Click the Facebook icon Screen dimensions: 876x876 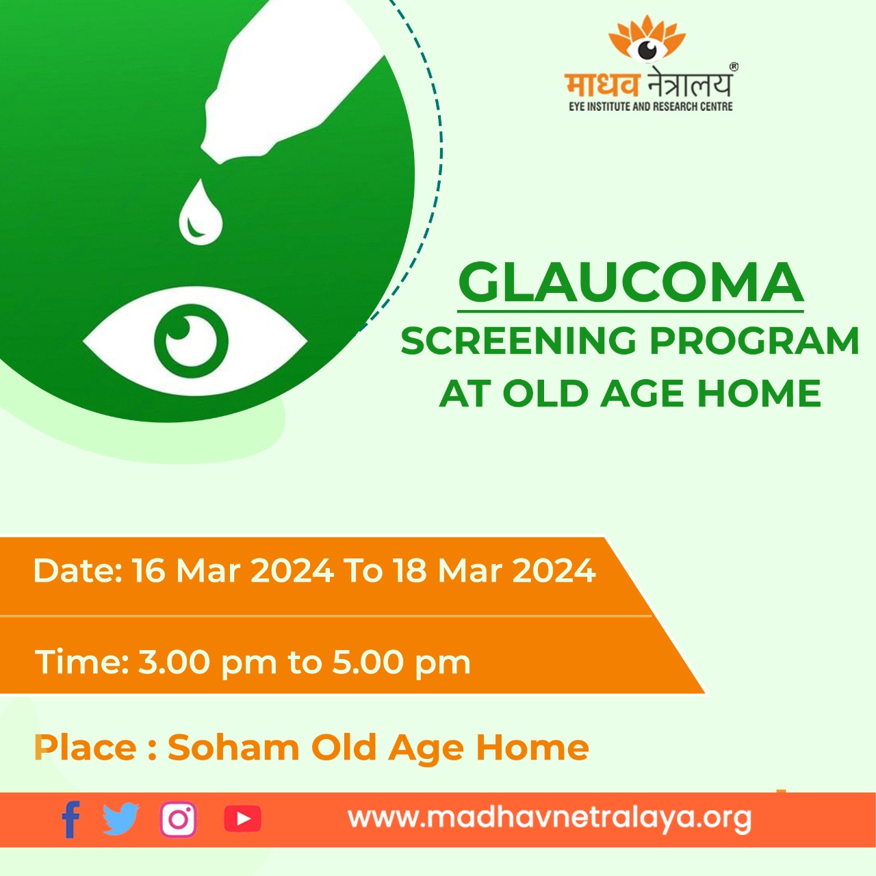pos(71,819)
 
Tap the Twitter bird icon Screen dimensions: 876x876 pos(121,819)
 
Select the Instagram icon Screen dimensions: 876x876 pos(178,819)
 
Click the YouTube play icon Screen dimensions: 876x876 pos(243,819)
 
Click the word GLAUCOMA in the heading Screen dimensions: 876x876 pos(630,283)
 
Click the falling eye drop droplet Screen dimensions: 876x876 pos(201,213)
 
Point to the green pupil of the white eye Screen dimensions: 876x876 pos(191,341)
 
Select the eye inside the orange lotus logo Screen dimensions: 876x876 pos(647,49)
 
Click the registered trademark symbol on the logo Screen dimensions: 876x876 pos(734,67)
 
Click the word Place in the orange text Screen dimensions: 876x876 pos(85,747)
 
